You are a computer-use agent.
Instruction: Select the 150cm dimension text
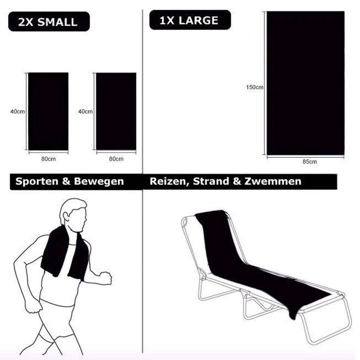point(254,87)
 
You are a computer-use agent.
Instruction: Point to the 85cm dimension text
point(310,162)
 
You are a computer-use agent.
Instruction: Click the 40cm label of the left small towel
point(18,112)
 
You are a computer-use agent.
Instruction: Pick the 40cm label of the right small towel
point(85,112)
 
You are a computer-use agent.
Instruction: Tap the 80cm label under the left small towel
point(48,159)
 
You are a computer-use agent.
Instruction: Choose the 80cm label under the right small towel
point(116,159)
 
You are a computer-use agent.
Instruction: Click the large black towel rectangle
point(305,83)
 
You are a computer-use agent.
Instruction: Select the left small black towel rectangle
point(48,111)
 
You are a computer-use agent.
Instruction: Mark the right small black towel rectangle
point(116,111)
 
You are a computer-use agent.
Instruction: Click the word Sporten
point(37,181)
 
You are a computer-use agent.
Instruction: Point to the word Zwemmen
point(273,181)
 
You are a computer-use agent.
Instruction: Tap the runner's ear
point(66,217)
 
